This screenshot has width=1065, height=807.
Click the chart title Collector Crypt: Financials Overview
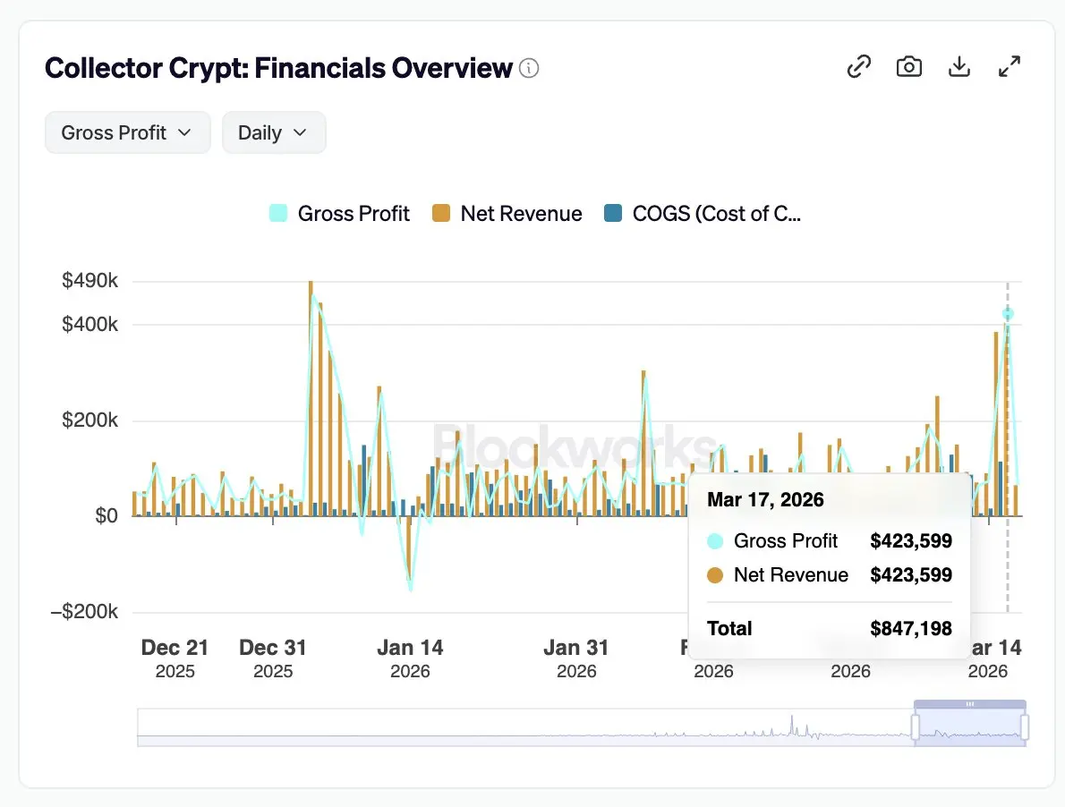(278, 68)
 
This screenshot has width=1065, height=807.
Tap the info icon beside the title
(530, 68)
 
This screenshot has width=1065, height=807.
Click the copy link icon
(859, 66)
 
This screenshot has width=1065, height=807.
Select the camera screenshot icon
(909, 66)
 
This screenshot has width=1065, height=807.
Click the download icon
(959, 66)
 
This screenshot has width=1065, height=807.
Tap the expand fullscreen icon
(1010, 66)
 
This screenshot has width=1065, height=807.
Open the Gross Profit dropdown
(127, 132)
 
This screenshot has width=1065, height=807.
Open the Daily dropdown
(273, 132)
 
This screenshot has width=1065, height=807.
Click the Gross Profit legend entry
(340, 214)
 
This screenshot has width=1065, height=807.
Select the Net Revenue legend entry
(507, 214)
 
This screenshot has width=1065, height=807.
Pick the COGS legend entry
(703, 214)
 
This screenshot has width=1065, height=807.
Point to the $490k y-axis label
(89, 281)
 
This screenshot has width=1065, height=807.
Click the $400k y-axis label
(89, 324)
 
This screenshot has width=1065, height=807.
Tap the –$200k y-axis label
(85, 612)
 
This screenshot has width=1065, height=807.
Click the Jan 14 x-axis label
(410, 648)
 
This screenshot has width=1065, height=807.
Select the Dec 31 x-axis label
(273, 648)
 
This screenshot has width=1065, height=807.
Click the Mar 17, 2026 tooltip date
(765, 499)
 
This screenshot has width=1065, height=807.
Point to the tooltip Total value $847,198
(911, 628)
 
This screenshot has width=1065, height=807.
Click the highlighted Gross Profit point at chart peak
(1008, 314)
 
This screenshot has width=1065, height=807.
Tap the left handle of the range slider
(916, 726)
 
